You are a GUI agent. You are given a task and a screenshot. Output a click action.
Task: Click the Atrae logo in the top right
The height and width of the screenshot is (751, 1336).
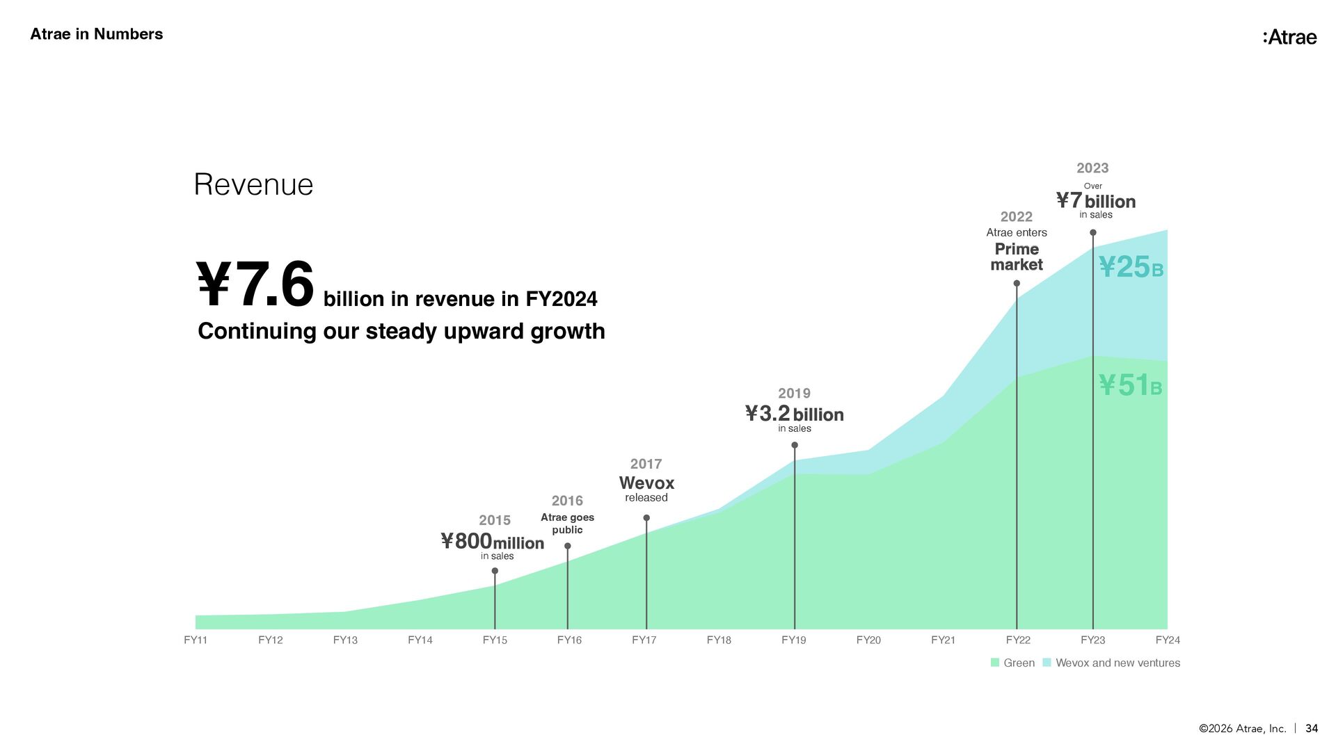pyautogui.click(x=1289, y=37)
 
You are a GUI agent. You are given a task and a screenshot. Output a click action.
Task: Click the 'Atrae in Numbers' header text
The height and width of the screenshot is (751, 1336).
pyautogui.click(x=96, y=34)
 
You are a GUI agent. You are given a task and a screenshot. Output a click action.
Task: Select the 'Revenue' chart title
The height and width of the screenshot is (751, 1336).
pyautogui.click(x=253, y=184)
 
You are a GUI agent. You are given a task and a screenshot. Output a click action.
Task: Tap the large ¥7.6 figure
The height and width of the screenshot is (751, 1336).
pyautogui.click(x=255, y=284)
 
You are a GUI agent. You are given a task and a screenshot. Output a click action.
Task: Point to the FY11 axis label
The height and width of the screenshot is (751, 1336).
pyautogui.click(x=196, y=640)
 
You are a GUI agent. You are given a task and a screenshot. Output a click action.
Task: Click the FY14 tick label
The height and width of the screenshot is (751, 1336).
pyautogui.click(x=420, y=640)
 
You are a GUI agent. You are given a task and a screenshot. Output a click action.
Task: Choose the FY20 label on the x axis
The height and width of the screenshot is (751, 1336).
pyautogui.click(x=868, y=640)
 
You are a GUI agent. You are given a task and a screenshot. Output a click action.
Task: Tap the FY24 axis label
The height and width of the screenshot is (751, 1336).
pyautogui.click(x=1168, y=640)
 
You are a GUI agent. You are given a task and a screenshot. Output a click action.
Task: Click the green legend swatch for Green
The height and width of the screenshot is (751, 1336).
pyautogui.click(x=995, y=663)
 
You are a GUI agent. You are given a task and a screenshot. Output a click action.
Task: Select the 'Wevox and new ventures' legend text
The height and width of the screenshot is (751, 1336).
pyautogui.click(x=1118, y=663)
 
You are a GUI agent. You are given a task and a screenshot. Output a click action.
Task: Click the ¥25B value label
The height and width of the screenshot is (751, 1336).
pyautogui.click(x=1131, y=267)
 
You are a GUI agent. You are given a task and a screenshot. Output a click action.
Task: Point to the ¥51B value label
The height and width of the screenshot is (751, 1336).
pyautogui.click(x=1130, y=385)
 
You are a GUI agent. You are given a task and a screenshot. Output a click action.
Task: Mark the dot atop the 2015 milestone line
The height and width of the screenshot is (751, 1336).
pyautogui.click(x=495, y=571)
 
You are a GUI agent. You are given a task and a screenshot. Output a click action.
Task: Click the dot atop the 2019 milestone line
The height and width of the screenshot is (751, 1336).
pyautogui.click(x=795, y=445)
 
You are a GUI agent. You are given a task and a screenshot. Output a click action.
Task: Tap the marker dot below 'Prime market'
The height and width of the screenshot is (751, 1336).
pyautogui.click(x=1017, y=283)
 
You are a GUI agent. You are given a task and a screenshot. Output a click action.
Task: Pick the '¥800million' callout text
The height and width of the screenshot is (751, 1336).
pyautogui.click(x=493, y=541)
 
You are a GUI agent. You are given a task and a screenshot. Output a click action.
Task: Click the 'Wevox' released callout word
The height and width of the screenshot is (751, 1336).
pyautogui.click(x=646, y=483)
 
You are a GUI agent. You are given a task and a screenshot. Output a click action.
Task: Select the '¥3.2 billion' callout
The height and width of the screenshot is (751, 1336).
pyautogui.click(x=794, y=414)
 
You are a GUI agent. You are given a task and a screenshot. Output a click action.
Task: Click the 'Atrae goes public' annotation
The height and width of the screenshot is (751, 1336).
pyautogui.click(x=567, y=523)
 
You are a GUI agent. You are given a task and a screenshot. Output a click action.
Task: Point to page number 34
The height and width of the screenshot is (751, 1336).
pyautogui.click(x=1312, y=728)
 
